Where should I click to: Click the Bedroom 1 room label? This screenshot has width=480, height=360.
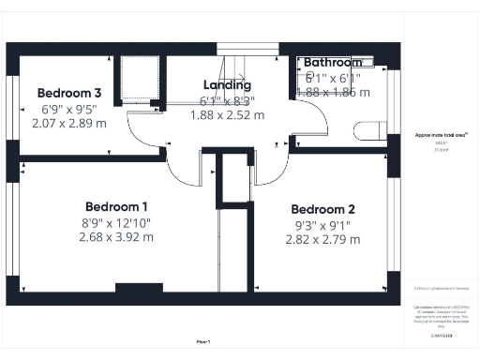pos(116,206)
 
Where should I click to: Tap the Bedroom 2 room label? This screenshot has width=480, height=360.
pos(322,209)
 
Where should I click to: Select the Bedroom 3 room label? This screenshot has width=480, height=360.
pos(69,93)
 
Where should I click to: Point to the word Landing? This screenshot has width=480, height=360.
pos(227,84)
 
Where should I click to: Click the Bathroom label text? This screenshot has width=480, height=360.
pos(332,63)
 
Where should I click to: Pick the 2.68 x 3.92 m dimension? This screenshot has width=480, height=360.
pos(116,237)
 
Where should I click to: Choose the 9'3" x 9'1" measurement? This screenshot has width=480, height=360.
pos(322,225)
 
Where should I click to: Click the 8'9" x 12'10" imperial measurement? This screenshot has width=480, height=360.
pos(116,222)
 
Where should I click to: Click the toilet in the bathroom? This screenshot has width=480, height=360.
pos(375,131)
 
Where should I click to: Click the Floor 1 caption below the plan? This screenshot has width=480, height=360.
pos(203,341)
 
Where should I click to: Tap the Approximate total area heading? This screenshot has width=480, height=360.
pos(442,135)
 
